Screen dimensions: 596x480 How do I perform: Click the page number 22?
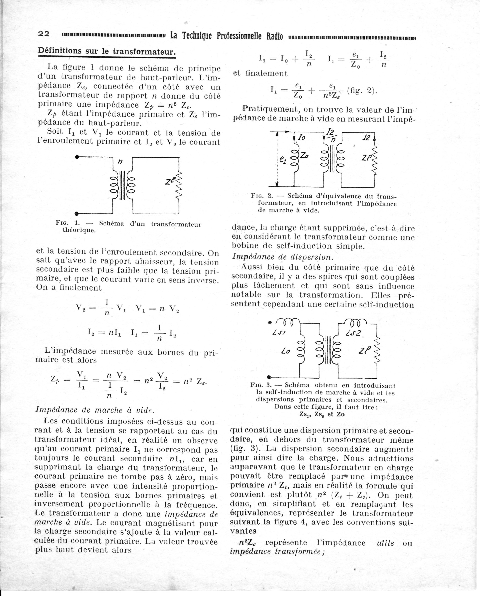(x=44, y=34)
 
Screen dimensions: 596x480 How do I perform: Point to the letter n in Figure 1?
(x=120, y=161)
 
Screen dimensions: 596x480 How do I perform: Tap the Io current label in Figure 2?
(x=302, y=137)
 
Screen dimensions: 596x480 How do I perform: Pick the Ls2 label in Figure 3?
(x=353, y=333)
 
